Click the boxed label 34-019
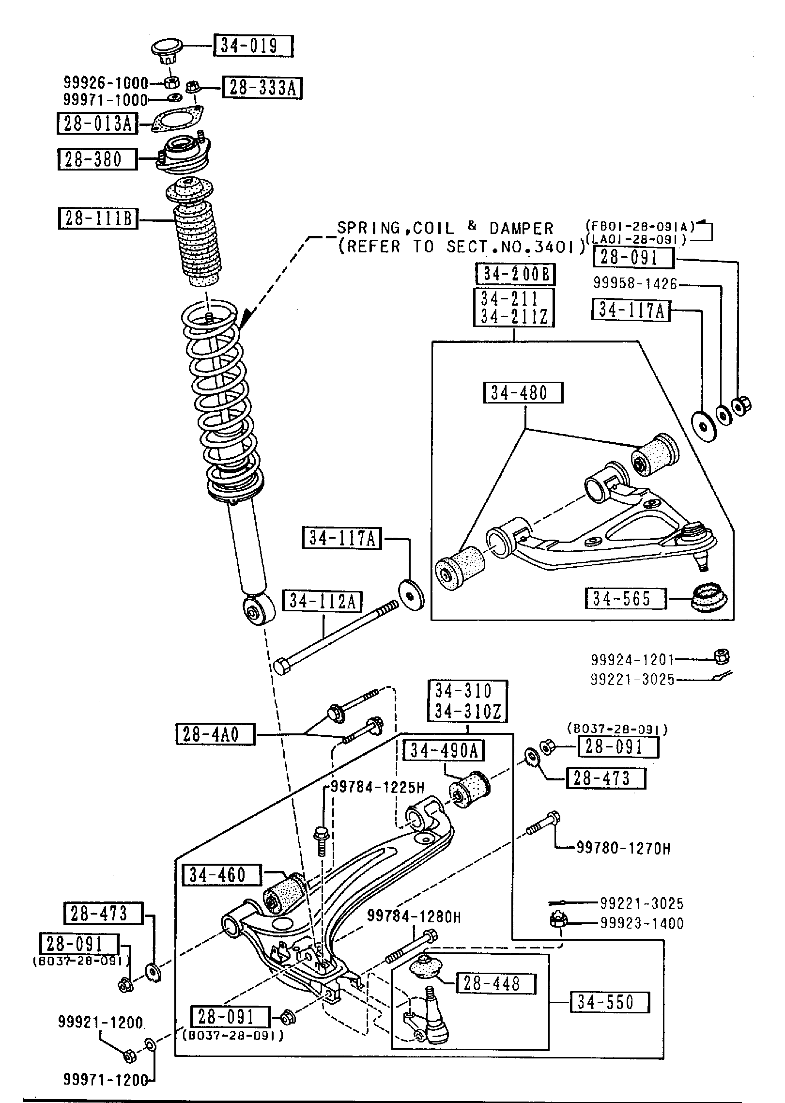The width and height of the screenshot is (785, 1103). (x=252, y=46)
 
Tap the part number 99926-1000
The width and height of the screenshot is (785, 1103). (x=106, y=82)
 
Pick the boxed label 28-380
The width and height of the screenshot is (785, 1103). (x=97, y=159)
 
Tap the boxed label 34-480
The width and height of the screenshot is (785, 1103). (x=523, y=392)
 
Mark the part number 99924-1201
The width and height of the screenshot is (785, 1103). (x=632, y=659)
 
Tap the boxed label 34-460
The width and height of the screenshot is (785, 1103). (x=221, y=875)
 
